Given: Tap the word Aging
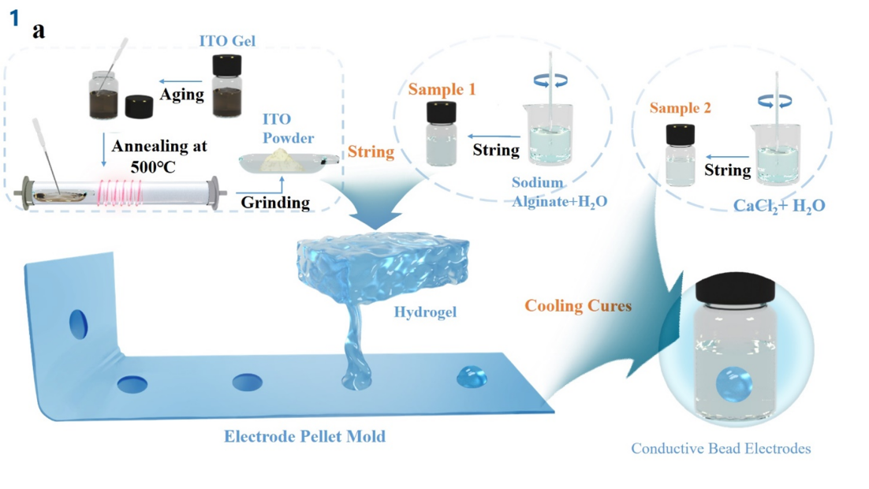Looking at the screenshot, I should (x=183, y=95).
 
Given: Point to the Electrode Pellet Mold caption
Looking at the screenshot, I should (x=305, y=435).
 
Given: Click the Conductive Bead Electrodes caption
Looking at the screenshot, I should (x=721, y=449).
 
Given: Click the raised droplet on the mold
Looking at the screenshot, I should (x=472, y=375).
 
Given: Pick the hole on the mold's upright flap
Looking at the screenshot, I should (x=79, y=325).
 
